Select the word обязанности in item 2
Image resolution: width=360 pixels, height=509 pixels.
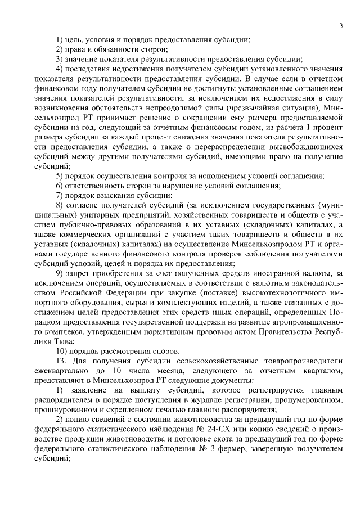(x=107, y=49)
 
